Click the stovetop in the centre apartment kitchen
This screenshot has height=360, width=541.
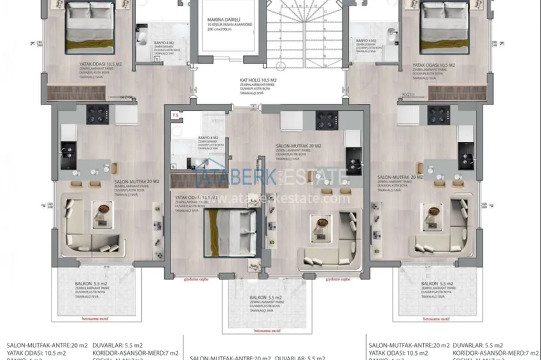click(x=326, y=120)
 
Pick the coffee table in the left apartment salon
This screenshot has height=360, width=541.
click(x=102, y=214)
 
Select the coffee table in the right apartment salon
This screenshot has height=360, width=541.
click(x=434, y=214)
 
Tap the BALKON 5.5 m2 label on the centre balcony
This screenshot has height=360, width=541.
click(x=265, y=298)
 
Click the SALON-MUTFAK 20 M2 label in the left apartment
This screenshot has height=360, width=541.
click(x=136, y=181)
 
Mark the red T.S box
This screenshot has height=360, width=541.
click(x=175, y=115)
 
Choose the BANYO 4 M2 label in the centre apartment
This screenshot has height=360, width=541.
click(x=208, y=137)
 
